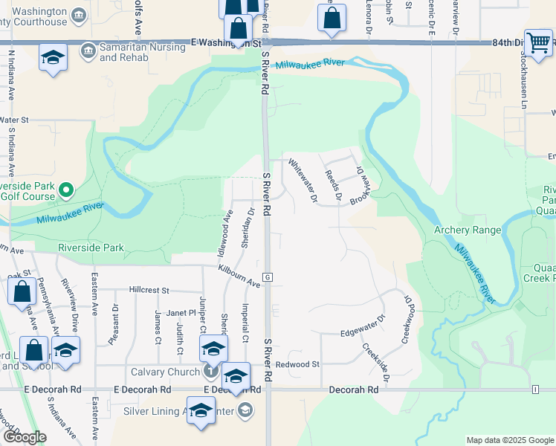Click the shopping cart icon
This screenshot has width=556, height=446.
click(537, 42)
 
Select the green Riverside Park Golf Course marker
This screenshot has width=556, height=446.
click(66, 191)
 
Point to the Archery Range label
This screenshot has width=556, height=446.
click(468, 230)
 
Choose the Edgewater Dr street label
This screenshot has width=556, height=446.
click(363, 327)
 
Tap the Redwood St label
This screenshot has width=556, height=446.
click(297, 364)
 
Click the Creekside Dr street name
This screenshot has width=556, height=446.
click(376, 358)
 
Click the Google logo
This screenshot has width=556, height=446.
click(24, 437)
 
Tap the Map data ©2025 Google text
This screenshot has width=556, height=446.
click(509, 440)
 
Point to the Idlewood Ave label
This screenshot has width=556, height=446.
click(224, 233)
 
